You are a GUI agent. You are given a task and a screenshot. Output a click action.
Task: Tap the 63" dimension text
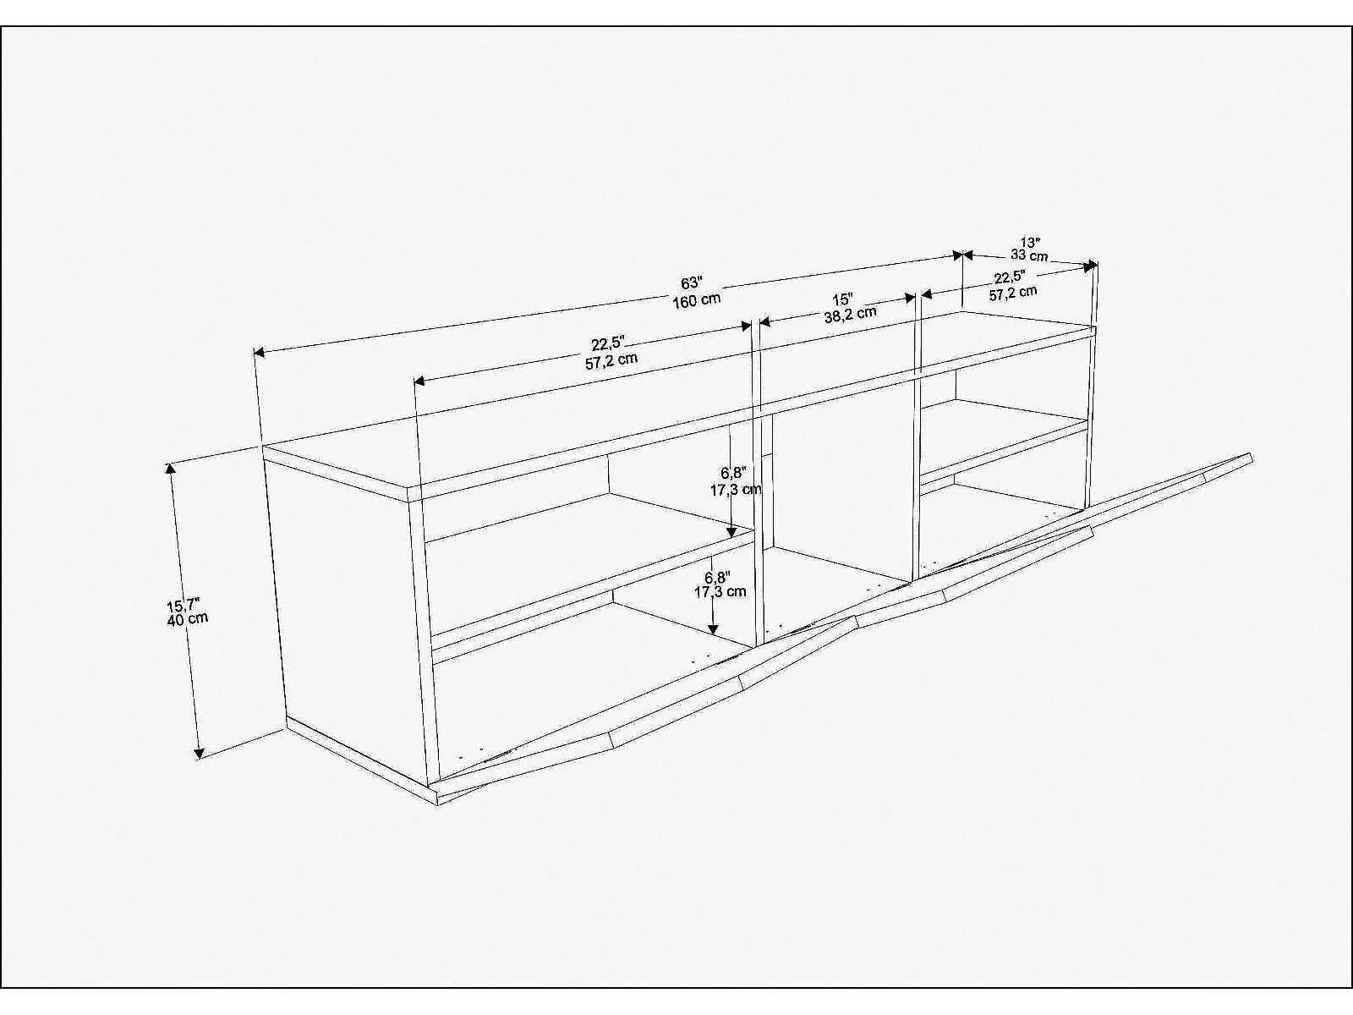(x=691, y=283)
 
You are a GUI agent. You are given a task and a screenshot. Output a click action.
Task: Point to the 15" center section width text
(x=842, y=299)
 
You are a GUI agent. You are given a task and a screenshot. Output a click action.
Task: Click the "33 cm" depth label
(x=1029, y=255)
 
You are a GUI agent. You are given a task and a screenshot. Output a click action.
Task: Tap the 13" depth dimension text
(x=1030, y=242)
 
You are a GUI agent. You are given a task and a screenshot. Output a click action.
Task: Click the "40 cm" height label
(x=188, y=619)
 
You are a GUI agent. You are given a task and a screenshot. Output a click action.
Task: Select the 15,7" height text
(x=183, y=605)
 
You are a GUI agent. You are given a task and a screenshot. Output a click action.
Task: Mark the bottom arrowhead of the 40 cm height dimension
(x=199, y=753)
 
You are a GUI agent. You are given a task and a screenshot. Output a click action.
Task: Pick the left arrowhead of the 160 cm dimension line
(x=260, y=352)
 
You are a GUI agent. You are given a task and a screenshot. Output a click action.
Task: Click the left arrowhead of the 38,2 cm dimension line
(x=765, y=321)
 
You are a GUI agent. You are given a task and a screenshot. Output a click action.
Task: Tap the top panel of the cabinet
(x=678, y=394)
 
